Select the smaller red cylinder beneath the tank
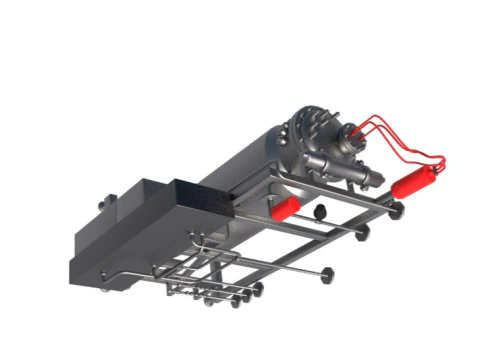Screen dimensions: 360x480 tap(285, 207)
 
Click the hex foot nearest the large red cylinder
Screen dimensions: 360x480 tap(397, 210)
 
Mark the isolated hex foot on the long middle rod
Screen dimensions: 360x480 tap(327, 272)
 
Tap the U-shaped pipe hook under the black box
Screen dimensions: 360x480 tap(200, 242)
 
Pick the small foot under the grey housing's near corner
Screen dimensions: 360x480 tap(104, 289)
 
